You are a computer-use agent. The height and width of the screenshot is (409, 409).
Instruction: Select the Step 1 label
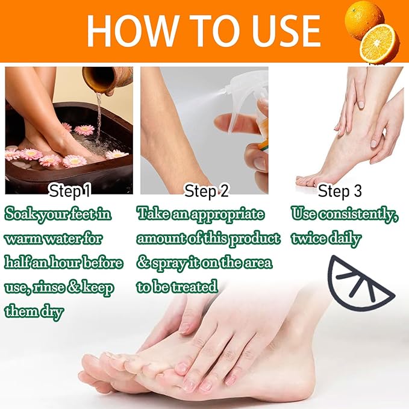[x=70, y=192]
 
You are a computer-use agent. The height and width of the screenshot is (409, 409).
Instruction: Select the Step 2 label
[x=207, y=192]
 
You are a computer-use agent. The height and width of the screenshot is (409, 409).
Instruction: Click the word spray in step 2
[x=171, y=263]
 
